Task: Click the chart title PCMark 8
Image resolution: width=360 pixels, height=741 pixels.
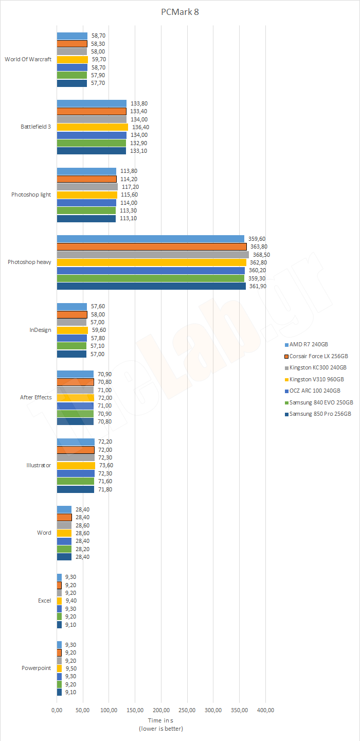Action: pyautogui.click(x=179, y=12)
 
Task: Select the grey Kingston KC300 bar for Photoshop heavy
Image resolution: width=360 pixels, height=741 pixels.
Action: pyautogui.click(x=153, y=254)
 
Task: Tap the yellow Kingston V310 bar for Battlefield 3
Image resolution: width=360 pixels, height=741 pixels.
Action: pyautogui.click(x=92, y=127)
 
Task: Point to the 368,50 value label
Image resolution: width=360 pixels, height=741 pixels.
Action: pyautogui.click(x=262, y=254)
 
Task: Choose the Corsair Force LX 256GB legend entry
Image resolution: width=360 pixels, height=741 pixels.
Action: pyautogui.click(x=318, y=356)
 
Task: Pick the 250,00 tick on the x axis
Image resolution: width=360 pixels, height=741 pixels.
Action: pyautogui.click(x=188, y=710)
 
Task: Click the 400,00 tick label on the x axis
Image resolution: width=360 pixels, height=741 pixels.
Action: pyautogui.click(x=265, y=710)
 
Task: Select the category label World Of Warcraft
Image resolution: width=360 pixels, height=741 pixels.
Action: pyautogui.click(x=28, y=59)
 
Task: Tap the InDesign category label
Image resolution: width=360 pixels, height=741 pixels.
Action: pyautogui.click(x=40, y=330)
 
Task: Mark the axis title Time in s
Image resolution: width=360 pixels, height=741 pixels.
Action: pyautogui.click(x=161, y=720)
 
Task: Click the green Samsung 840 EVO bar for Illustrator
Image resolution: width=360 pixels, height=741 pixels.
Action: pyautogui.click(x=75, y=481)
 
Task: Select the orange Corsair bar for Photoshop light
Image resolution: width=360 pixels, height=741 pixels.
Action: pyautogui.click(x=86, y=179)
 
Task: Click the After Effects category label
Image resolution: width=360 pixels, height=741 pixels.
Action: pyautogui.click(x=35, y=397)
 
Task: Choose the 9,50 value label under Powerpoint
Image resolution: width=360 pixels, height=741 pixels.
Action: pyautogui.click(x=71, y=668)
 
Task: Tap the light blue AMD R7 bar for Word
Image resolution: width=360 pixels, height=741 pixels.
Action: pyautogui.click(x=64, y=509)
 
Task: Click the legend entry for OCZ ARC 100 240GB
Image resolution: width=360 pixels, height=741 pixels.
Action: pyautogui.click(x=314, y=391)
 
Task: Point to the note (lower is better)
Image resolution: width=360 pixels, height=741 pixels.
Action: pyautogui.click(x=161, y=729)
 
